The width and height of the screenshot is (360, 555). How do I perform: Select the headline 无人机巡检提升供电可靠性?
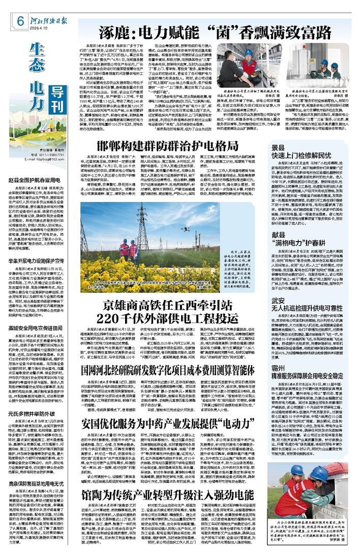312,310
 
